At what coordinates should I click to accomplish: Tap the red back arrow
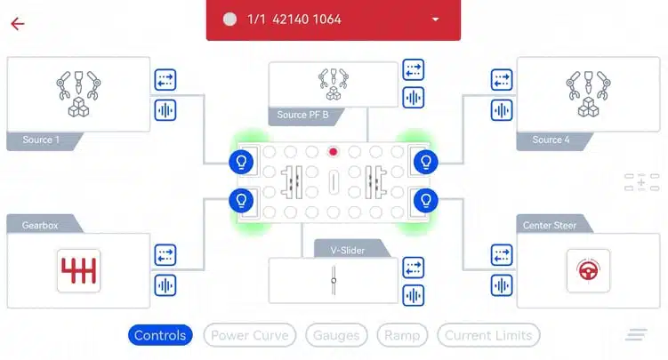click(x=18, y=24)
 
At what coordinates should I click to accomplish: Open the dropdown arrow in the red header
click(x=435, y=20)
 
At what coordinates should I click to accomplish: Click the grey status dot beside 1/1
click(x=229, y=20)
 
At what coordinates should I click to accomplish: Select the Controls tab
click(x=160, y=335)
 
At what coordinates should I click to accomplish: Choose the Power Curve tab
click(x=250, y=335)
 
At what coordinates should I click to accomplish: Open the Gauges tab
click(x=336, y=335)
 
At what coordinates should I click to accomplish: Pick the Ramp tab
click(x=402, y=335)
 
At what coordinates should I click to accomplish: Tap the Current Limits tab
click(x=488, y=335)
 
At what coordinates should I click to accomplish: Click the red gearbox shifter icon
click(x=79, y=270)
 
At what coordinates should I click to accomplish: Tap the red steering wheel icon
click(x=588, y=270)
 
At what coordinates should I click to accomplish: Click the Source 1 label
click(x=41, y=140)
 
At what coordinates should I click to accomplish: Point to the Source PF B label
click(x=303, y=115)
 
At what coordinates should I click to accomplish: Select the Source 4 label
click(x=551, y=140)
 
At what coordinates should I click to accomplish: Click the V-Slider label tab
click(x=348, y=250)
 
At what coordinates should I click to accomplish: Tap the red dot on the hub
click(x=334, y=151)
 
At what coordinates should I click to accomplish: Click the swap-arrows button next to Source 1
click(x=165, y=80)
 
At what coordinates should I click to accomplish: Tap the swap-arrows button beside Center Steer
click(x=502, y=255)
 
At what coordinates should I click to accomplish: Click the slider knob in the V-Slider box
click(x=334, y=280)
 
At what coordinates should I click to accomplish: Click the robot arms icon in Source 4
click(x=588, y=93)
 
